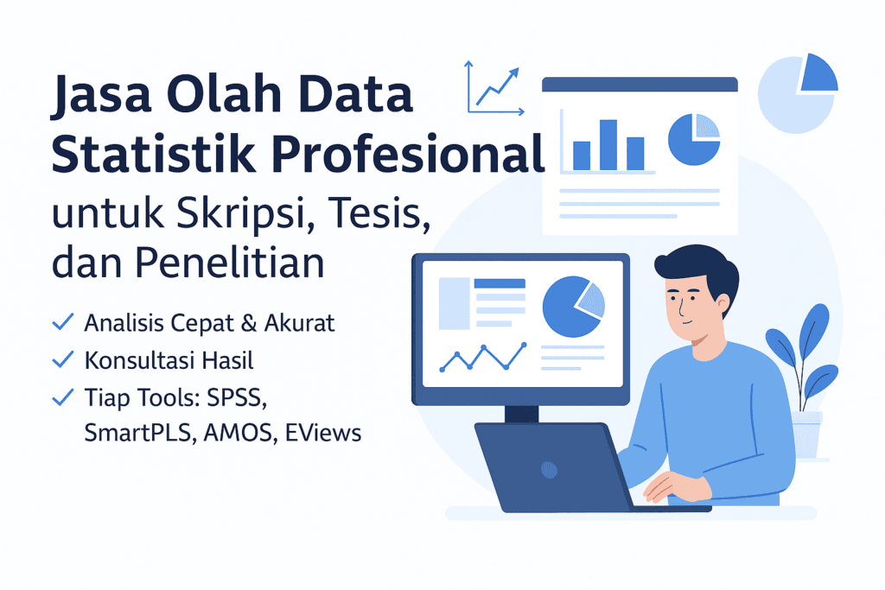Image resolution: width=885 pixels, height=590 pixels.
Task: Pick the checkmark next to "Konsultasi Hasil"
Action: coord(62,359)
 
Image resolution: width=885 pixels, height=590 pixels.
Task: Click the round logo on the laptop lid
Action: coord(547,469)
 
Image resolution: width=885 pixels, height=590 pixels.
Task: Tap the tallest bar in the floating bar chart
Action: coord(608,144)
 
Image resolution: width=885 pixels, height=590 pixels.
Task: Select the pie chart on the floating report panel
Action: coord(695,139)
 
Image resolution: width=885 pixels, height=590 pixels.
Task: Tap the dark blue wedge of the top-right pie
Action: coord(818,72)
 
